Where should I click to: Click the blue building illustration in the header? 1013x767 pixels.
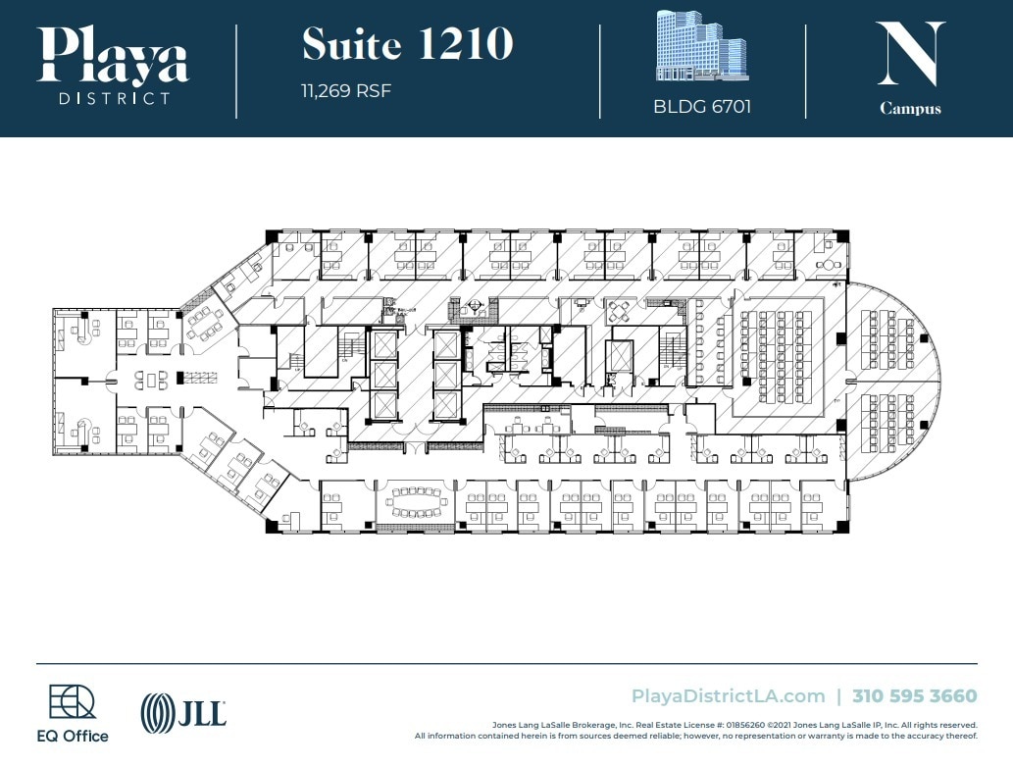click(x=700, y=46)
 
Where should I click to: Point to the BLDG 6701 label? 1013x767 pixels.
click(x=702, y=107)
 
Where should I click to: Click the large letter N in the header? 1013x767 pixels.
click(x=910, y=53)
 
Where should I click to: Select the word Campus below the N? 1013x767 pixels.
click(x=910, y=109)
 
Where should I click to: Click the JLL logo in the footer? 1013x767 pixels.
click(x=184, y=711)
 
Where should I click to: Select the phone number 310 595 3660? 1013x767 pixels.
click(x=915, y=696)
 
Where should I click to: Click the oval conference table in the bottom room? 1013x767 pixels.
click(x=416, y=503)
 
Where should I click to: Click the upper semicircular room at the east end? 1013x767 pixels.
click(x=893, y=333)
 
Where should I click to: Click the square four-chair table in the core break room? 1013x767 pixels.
click(x=621, y=312)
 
